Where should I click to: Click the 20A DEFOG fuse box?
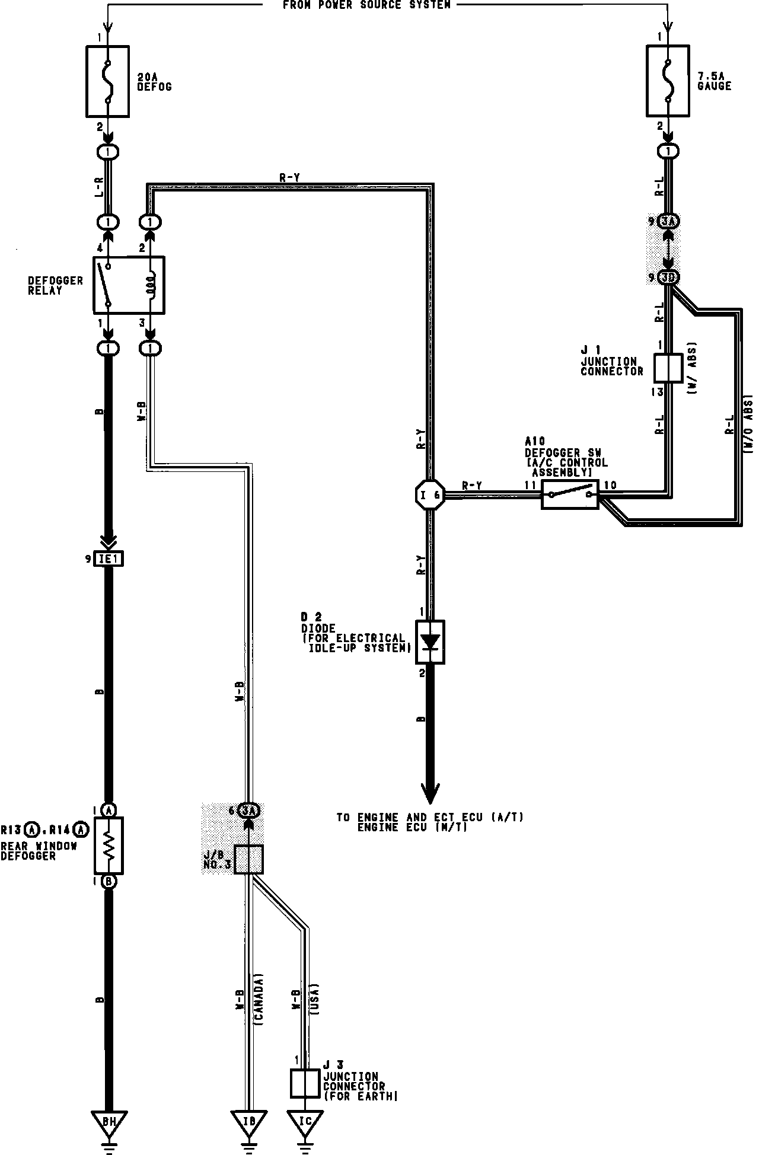pyautogui.click(x=108, y=81)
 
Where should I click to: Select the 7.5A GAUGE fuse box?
pyautogui.click(x=668, y=81)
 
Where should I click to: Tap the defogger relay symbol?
pyautogui.click(x=129, y=285)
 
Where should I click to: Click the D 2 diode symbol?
pyautogui.click(x=430, y=642)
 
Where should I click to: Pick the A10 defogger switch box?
pyautogui.click(x=570, y=494)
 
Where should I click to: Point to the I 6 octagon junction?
pyautogui.click(x=430, y=494)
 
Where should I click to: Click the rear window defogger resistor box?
pyautogui.click(x=109, y=845)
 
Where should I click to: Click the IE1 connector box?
pyautogui.click(x=109, y=559)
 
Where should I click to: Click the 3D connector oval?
pyautogui.click(x=669, y=277)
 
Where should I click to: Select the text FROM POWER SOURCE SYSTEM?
pyautogui.click(x=366, y=5)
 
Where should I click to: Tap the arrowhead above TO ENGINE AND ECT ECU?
pyautogui.click(x=430, y=792)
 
